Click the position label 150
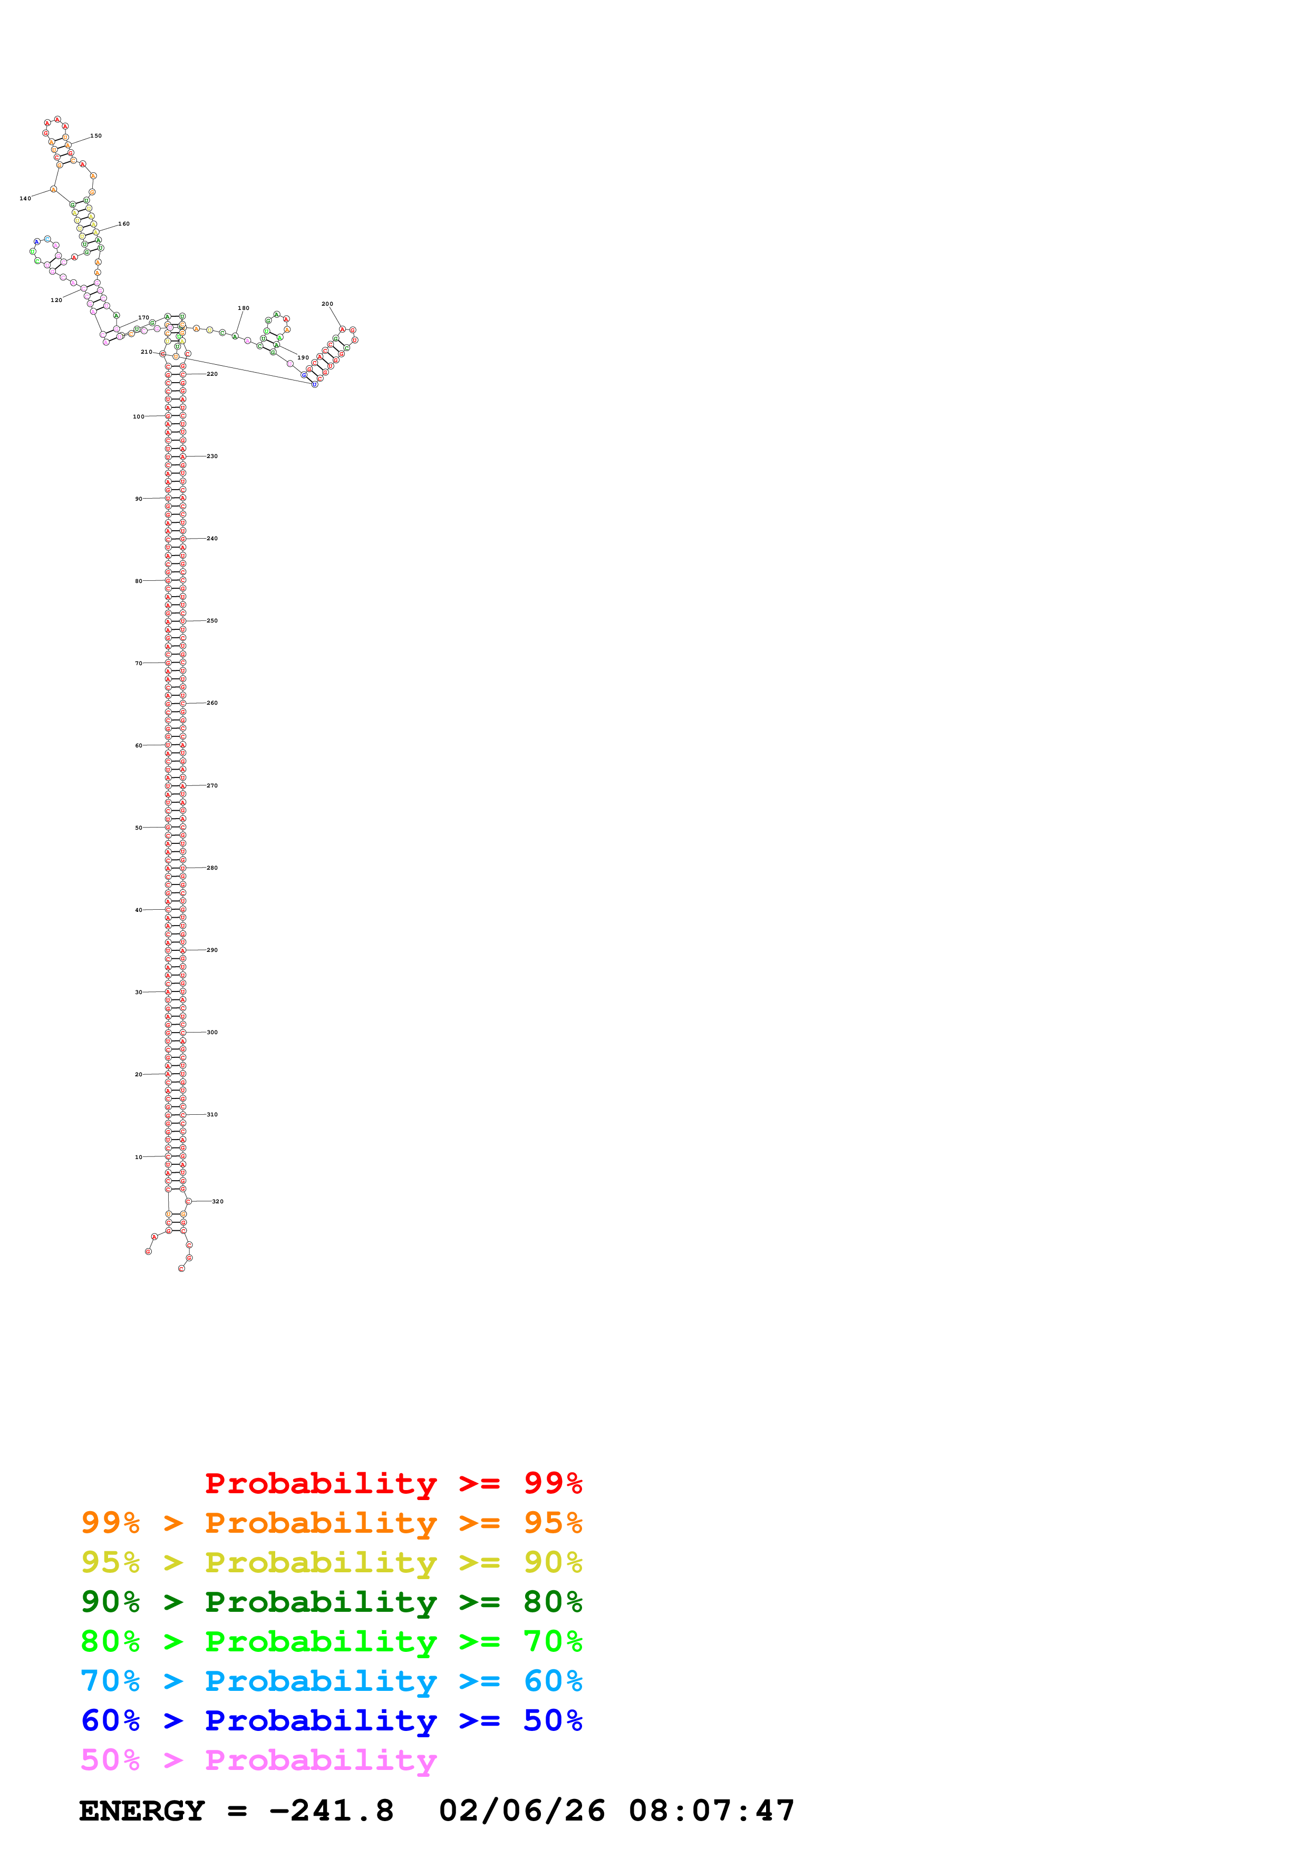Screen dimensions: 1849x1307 [x=96, y=136]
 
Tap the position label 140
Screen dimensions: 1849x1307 [x=25, y=198]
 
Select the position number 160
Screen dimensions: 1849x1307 [x=124, y=224]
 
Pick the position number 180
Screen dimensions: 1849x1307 [x=243, y=308]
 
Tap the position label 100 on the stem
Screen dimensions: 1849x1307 [x=139, y=416]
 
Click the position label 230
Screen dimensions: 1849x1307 [x=212, y=456]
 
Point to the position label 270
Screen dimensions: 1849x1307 [x=212, y=786]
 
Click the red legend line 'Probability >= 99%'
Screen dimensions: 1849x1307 [x=393, y=1483]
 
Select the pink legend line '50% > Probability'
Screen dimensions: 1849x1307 [x=258, y=1759]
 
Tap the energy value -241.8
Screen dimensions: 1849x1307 [x=331, y=1811]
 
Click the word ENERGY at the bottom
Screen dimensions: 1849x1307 [x=142, y=1811]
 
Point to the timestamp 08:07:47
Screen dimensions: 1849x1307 [x=711, y=1811]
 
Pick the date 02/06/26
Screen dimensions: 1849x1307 [x=522, y=1811]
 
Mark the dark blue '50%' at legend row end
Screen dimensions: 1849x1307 [x=553, y=1720]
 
